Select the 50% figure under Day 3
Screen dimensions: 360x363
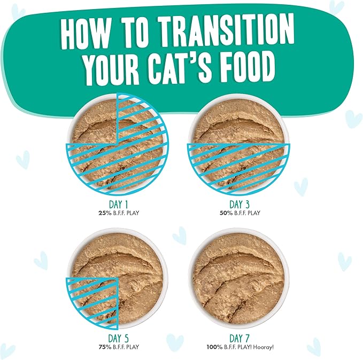[x=223, y=213]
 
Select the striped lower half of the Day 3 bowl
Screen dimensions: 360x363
[x=238, y=166]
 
